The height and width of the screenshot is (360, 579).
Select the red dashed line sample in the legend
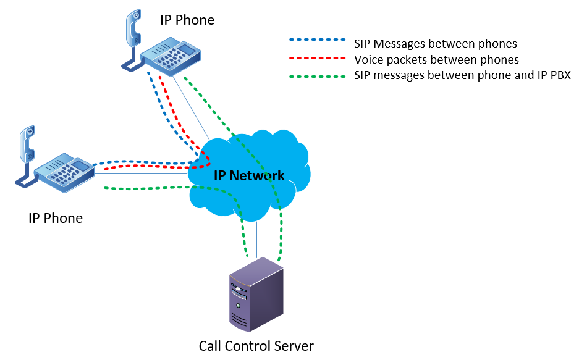click(317, 59)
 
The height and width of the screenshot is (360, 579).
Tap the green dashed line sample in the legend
click(317, 75)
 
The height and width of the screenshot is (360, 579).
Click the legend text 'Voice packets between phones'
click(436, 60)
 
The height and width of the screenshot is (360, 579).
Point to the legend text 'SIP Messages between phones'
click(435, 43)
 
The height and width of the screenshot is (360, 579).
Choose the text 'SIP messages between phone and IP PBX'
click(462, 76)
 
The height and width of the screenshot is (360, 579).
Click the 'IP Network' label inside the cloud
click(249, 175)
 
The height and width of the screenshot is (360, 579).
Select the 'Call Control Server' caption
click(256, 346)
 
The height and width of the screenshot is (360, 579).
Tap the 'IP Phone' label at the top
click(187, 20)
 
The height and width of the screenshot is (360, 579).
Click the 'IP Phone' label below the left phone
click(56, 218)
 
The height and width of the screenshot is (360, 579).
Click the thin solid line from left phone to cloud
click(142, 173)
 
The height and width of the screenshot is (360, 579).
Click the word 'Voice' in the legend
click(368, 60)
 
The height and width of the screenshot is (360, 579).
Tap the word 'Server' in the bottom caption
click(295, 346)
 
